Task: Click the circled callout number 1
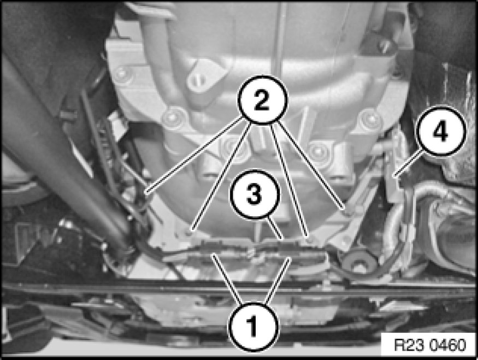tap(253, 327)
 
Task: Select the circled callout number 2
tap(262, 99)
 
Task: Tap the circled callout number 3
tap(255, 194)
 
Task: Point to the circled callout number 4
tap(440, 131)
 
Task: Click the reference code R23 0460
tap(430, 345)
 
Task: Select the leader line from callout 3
tap(275, 227)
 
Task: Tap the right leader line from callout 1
tap(278, 280)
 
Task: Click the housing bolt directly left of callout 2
tap(173, 117)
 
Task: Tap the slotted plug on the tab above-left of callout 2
tap(198, 80)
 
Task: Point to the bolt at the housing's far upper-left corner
tap(122, 74)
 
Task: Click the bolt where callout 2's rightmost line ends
tap(347, 211)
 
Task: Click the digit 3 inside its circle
tap(255, 194)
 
